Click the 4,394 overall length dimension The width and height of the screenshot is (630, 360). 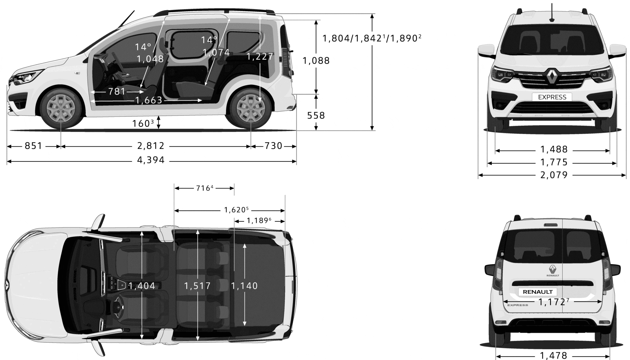151,160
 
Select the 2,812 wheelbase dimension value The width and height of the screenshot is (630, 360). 151,146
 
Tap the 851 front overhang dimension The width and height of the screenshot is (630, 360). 33,146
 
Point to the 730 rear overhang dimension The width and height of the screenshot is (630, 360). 273,146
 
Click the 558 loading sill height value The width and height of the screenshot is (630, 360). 316,116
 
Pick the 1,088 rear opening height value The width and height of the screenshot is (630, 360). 316,61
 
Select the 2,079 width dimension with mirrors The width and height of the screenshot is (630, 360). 554,175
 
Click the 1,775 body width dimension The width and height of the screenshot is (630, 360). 554,162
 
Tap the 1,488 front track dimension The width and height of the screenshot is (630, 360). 554,149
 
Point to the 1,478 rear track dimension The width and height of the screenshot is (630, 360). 553,356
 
